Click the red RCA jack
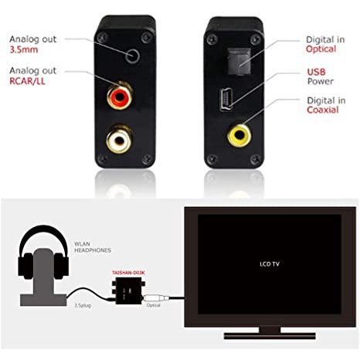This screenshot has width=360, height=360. click(x=120, y=96)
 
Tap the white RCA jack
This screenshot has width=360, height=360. click(x=120, y=140)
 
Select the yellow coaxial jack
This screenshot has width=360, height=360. click(x=239, y=135)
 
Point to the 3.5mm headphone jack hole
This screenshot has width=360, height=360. click(x=133, y=56)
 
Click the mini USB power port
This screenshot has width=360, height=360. click(x=226, y=100)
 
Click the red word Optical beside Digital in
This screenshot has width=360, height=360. click(x=321, y=49)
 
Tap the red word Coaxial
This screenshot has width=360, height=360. click(x=323, y=110)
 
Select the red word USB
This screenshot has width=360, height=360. click(x=316, y=72)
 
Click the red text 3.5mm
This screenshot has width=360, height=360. click(x=24, y=49)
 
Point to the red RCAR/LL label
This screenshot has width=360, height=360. click(x=27, y=81)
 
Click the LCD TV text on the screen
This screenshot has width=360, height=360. click(x=270, y=264)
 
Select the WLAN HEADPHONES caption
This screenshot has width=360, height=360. click(x=93, y=247)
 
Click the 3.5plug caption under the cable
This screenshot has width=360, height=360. click(x=83, y=305)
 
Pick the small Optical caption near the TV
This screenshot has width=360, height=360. click(x=153, y=305)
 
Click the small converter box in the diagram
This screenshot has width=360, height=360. click(x=128, y=290)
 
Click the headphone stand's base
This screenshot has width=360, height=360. click(x=43, y=301)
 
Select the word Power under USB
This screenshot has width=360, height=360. click(x=321, y=81)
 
